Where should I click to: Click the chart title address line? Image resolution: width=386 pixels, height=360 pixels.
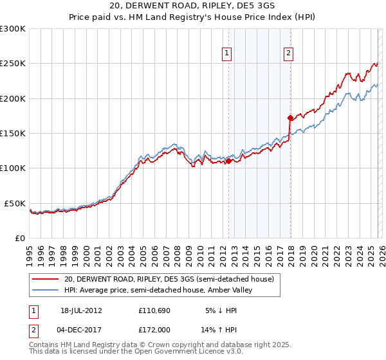[192, 6]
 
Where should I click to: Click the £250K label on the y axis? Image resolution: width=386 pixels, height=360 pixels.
[13, 64]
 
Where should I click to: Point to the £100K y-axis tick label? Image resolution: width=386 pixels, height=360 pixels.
[13, 168]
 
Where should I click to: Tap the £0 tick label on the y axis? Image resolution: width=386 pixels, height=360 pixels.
[21, 238]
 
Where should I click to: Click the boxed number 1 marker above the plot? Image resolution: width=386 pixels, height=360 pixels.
[228, 53]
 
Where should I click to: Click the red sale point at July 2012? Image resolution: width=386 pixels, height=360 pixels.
[228, 161]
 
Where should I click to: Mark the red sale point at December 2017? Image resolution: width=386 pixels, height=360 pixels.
[290, 118]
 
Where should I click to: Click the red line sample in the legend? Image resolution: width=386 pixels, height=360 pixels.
[45, 279]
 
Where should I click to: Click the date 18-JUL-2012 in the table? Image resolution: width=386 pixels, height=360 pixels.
[81, 310]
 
